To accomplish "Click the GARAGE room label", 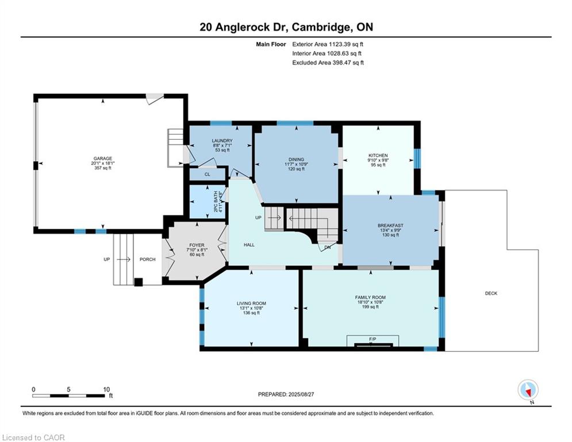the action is tap(102, 158).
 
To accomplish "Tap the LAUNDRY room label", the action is tap(222, 140).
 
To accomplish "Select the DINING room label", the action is tap(296, 159).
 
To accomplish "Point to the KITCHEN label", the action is tap(378, 155).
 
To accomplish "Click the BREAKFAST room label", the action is tap(390, 226).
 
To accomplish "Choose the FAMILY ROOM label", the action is tap(370, 298).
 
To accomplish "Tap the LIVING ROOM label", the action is tap(251, 303).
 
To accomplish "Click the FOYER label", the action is tap(197, 245).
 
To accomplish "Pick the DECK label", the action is tap(491, 293).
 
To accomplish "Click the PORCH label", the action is tap(147, 260).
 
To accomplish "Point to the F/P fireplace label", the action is tap(373, 339).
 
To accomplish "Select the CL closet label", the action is tap(207, 174).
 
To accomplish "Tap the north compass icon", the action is tap(528, 390).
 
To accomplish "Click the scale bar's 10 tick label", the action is tap(106, 390).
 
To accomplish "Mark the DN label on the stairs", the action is tap(327, 247).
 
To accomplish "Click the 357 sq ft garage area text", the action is tap(102, 168).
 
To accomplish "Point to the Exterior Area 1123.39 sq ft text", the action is tap(328, 44).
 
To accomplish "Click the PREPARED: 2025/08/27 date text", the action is tap(286, 394).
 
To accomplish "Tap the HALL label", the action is tap(249, 245).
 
